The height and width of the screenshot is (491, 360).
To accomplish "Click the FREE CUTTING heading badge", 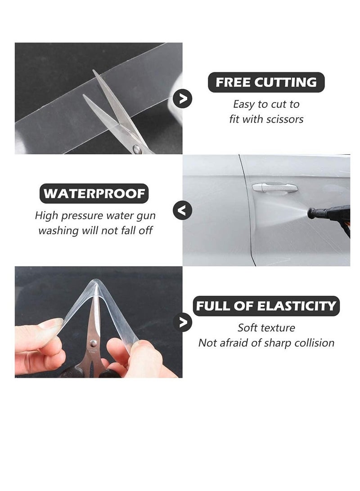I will [266, 83].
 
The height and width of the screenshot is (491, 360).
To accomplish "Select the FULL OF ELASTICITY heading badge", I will [266, 306].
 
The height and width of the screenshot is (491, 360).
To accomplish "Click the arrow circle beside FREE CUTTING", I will [183, 98].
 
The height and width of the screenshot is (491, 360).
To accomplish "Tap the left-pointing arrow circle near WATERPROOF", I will [182, 210].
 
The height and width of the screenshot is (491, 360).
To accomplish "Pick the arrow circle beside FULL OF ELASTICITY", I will [183, 322].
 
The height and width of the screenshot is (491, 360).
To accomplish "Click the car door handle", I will [274, 187].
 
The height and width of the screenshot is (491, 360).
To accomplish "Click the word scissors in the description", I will [284, 120].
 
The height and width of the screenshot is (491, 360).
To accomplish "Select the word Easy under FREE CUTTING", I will [243, 104].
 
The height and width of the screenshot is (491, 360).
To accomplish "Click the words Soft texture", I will [266, 328].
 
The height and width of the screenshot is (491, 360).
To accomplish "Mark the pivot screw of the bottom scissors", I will [93, 343].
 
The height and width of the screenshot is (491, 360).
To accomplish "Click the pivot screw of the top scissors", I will [136, 149].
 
